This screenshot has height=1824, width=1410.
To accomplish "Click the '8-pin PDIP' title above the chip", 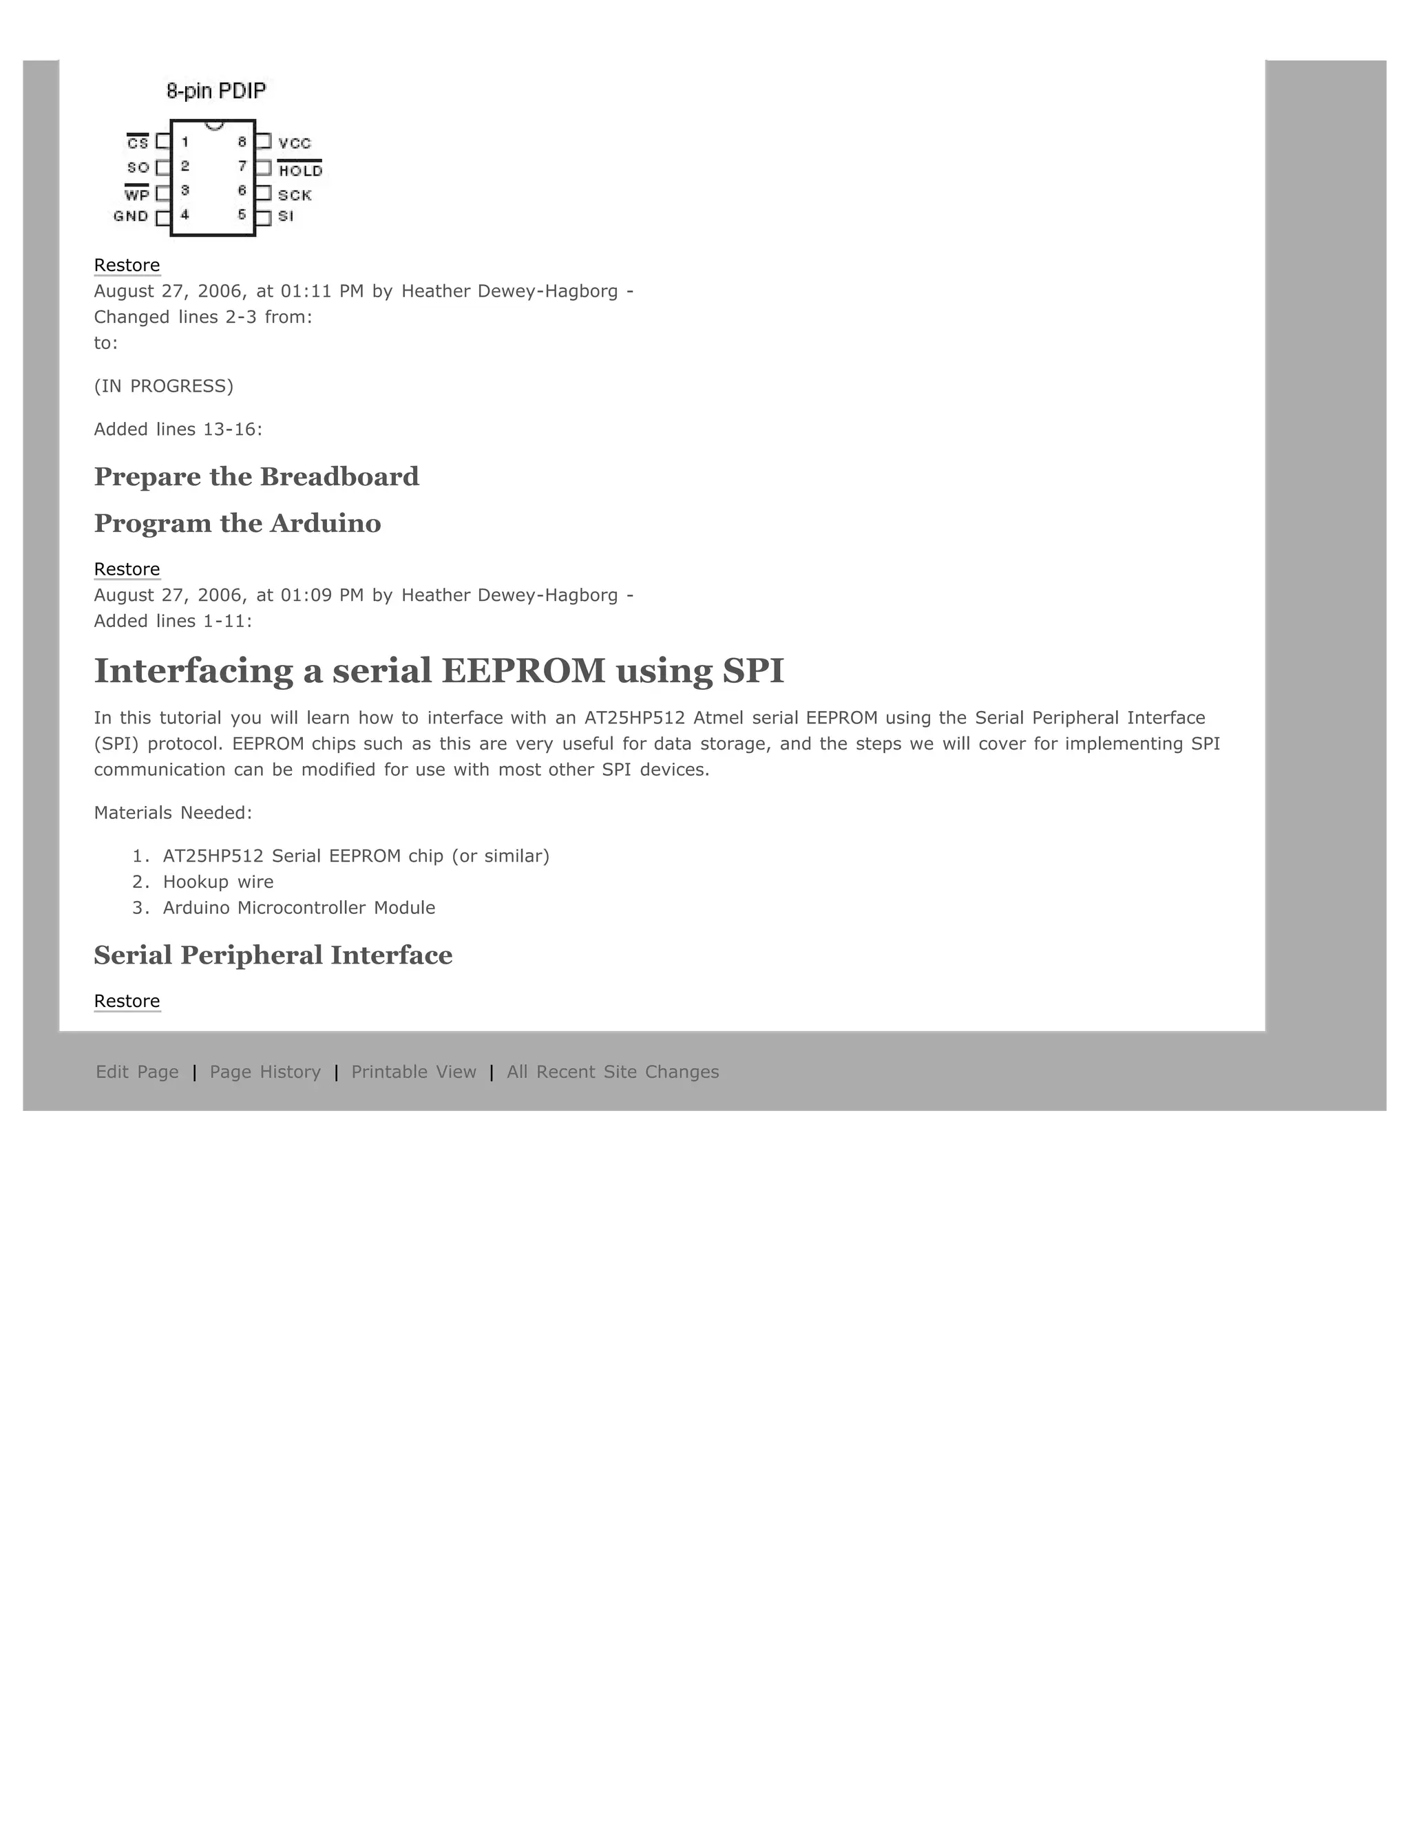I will coord(216,91).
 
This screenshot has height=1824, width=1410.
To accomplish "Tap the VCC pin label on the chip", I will coord(294,144).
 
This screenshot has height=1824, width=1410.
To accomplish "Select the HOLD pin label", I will coord(300,171).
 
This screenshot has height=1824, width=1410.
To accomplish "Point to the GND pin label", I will coord(131,216).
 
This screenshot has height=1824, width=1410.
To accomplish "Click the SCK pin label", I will coord(295,195).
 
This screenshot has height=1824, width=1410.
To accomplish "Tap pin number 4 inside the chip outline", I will coord(185,215).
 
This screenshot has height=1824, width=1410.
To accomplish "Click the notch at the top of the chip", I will coord(214,125).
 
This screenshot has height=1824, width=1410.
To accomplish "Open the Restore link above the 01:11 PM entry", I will coord(127,266).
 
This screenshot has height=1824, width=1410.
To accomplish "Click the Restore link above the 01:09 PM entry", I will coord(127,570).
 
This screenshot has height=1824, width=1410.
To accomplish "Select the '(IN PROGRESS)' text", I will coord(164,386).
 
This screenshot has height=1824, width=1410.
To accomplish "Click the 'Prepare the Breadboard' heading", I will coord(256,477).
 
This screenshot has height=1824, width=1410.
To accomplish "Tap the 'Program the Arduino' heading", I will coord(238,524).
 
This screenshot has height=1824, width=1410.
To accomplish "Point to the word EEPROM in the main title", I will coord(523,670).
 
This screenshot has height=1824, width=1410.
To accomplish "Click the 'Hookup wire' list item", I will coord(218,882).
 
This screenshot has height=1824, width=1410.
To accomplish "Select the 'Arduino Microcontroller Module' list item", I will coord(299,908).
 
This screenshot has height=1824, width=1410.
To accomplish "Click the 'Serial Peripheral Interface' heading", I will coord(273,955).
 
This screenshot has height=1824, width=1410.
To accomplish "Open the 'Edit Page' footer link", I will coord(137,1072).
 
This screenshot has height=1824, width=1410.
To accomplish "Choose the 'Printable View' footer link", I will coord(414,1072).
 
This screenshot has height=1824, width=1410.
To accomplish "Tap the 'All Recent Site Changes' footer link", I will coord(612,1072).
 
